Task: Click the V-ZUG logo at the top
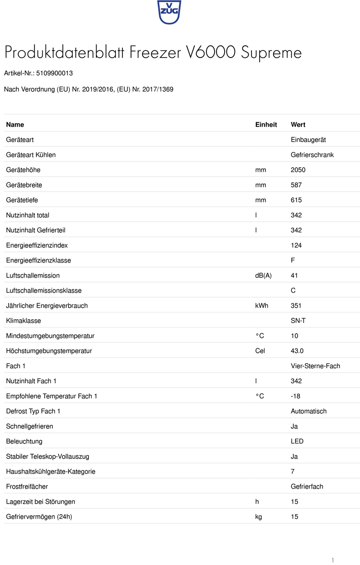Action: pos(169,12)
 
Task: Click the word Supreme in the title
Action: pos(271,53)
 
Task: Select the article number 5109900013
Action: pos(54,73)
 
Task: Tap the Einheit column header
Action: pos(266,125)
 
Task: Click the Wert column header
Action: pos(298,125)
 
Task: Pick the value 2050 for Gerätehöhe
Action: pos(298,170)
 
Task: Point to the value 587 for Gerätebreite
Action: pos(296,185)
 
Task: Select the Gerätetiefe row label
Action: pos(22,200)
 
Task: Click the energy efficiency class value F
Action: pos(293,260)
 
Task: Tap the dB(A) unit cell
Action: pos(264,276)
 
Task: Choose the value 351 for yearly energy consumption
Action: pos(296,306)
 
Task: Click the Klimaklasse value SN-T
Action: pos(298,321)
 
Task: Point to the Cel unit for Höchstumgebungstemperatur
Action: pos(260,351)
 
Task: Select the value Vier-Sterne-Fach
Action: pos(315,366)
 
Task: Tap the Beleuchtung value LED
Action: pos(297,441)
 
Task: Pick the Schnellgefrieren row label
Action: pos(29,426)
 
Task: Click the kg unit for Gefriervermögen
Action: pos(259,517)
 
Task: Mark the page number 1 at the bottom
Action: pos(333,560)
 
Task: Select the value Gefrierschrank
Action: pos(312,155)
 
